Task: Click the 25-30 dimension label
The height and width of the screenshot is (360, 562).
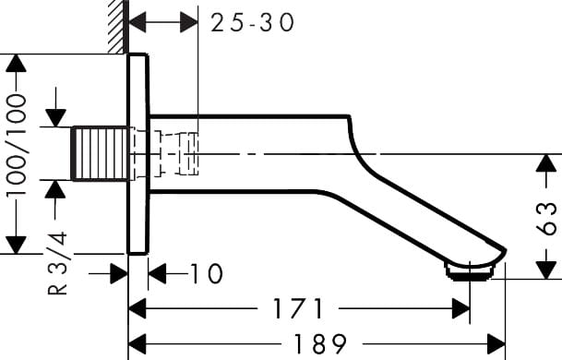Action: click(252, 22)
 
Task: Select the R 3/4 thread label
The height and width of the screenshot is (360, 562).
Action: click(57, 263)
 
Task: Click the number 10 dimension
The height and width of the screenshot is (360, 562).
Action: click(206, 273)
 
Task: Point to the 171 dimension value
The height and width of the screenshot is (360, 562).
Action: click(298, 308)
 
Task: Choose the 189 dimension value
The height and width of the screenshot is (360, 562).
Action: click(320, 344)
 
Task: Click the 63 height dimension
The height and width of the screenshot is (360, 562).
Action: click(547, 219)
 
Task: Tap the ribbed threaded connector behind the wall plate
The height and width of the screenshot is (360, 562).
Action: click(100, 153)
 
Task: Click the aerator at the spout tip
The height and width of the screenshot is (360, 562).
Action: click(471, 271)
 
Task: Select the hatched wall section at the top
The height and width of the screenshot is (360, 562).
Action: click(118, 27)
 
